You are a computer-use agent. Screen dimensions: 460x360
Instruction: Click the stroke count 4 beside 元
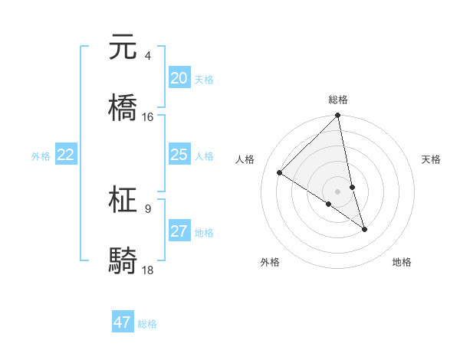[147, 56]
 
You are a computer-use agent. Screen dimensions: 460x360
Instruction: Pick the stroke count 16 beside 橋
[148, 116]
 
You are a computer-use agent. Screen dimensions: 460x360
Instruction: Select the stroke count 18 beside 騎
[148, 270]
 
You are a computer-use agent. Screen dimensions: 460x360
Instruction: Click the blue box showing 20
[179, 78]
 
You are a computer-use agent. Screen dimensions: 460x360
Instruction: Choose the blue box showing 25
[179, 155]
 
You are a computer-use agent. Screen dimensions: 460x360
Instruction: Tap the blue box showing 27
[179, 231]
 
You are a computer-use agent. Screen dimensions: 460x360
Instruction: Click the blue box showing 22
[66, 155]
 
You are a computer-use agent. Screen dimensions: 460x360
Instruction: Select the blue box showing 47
[123, 322]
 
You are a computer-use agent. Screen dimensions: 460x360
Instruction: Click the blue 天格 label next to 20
[204, 80]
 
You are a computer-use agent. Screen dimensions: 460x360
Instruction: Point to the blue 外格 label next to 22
[41, 156]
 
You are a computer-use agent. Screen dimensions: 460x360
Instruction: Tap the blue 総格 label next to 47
[147, 324]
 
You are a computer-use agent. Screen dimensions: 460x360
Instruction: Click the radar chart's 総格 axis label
[338, 100]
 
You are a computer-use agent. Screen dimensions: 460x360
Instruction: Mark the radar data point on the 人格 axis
[280, 173]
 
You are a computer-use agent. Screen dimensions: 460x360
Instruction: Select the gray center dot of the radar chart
[338, 191]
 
